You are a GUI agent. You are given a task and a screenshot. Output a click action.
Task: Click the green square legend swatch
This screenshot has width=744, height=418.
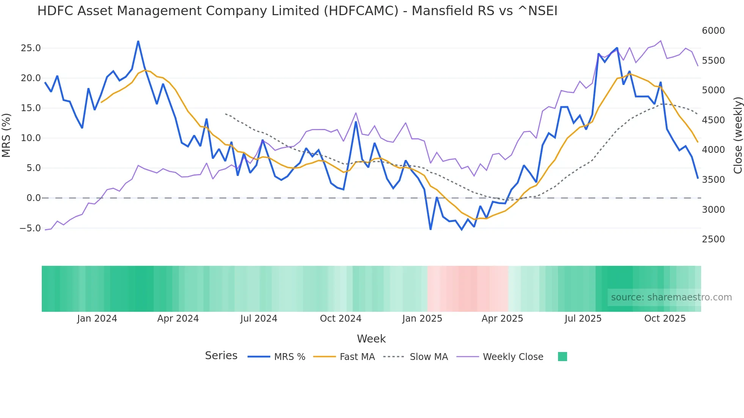(562, 357)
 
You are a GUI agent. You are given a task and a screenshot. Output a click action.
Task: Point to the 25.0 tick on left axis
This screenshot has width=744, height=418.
(31, 48)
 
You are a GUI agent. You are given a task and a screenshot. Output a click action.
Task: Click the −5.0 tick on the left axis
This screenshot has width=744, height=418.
(30, 228)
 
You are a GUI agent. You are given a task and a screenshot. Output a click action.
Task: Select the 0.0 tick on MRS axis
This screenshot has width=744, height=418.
(33, 198)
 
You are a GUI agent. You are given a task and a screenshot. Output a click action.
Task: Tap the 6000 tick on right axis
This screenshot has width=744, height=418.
(713, 31)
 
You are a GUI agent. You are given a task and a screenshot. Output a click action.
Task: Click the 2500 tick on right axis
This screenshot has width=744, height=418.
(713, 239)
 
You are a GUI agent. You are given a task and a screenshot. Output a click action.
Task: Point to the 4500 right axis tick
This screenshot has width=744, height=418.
(713, 120)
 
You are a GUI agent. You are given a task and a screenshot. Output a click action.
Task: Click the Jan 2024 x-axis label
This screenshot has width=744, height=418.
(97, 319)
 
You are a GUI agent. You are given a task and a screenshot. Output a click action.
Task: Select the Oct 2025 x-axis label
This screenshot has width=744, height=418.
(665, 319)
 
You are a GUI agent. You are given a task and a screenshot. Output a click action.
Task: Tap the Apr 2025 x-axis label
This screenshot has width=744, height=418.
(502, 319)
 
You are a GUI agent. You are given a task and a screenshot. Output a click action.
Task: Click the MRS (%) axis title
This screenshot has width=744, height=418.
(6, 135)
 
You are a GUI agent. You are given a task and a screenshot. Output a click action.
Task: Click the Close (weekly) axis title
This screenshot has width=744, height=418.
(738, 135)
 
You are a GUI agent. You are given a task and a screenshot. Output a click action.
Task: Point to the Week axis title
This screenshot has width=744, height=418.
(371, 339)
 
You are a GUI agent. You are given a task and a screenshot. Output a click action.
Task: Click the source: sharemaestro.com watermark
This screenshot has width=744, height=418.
(671, 297)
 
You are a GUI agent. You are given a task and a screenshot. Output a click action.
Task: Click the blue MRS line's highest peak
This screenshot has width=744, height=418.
(138, 41)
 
